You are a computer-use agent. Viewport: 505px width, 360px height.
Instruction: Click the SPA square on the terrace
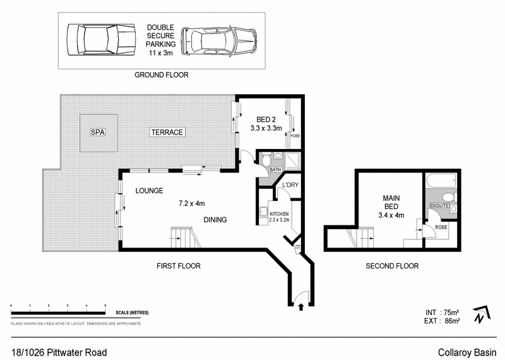pyautogui.click(x=97, y=133)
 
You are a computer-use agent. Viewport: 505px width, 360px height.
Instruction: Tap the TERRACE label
pyautogui.click(x=167, y=132)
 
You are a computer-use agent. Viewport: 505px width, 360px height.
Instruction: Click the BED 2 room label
pyautogui.click(x=266, y=119)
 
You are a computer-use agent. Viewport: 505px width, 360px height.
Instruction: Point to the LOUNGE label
pyautogui.click(x=149, y=190)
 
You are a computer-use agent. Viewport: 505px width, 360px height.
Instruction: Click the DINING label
pyautogui.click(x=215, y=220)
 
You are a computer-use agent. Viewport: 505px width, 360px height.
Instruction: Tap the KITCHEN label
pyautogui.click(x=279, y=213)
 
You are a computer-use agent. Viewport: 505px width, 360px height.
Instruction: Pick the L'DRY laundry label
pyautogui.click(x=290, y=185)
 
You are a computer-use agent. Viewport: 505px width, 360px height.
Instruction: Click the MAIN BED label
pyautogui.click(x=392, y=202)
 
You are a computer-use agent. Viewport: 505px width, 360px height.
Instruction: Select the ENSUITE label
pyautogui.click(x=439, y=205)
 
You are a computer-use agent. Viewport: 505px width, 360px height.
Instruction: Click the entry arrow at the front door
pyautogui.click(x=300, y=307)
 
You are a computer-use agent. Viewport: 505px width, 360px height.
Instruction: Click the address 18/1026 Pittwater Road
pyautogui.click(x=59, y=352)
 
